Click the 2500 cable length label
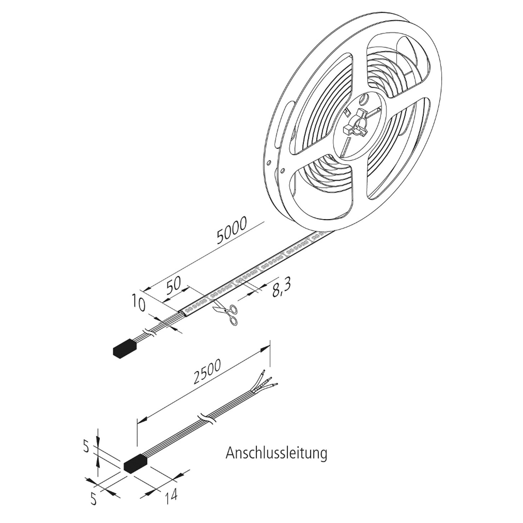click(207, 372)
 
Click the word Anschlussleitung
click(276, 453)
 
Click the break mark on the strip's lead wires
click(150, 333)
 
